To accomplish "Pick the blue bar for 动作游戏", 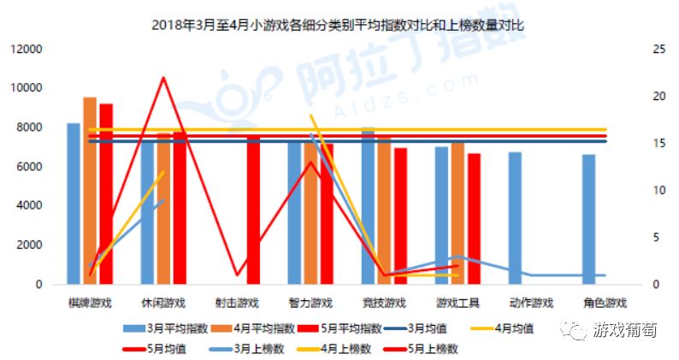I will [x=515, y=218].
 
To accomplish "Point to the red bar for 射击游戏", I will [x=253, y=210].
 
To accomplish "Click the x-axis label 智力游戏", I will [x=310, y=304].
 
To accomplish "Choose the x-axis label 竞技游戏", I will [x=383, y=304].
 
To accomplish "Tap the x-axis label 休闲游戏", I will [x=162, y=304].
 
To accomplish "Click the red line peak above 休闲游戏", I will [x=162, y=78].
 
